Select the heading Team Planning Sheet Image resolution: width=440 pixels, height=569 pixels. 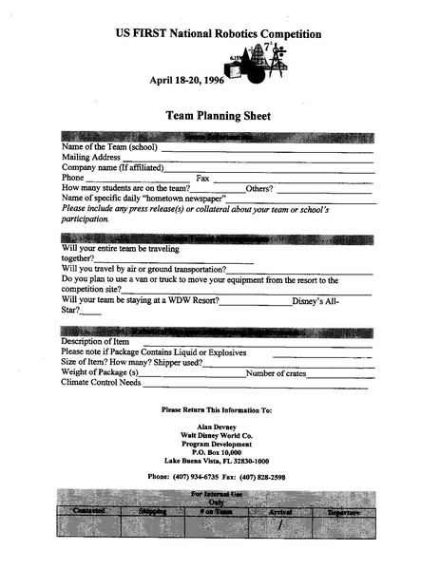point(219,115)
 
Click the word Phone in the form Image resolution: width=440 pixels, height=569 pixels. point(72,178)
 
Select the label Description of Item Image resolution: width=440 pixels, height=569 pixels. point(95,341)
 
